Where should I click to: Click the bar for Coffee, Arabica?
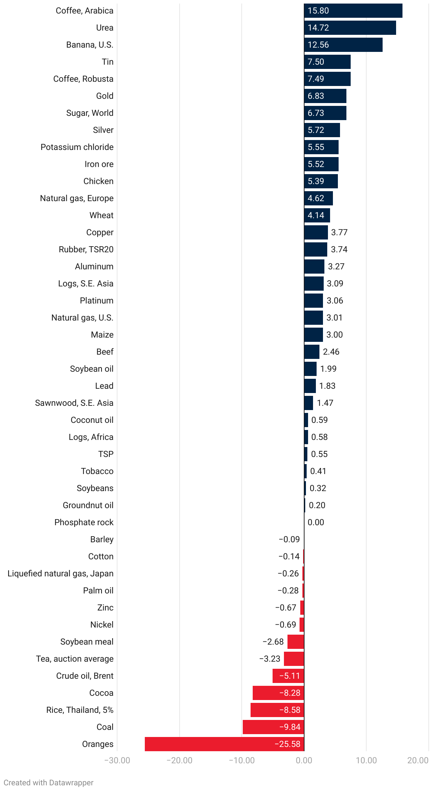[x=353, y=11]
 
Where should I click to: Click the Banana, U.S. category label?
[x=90, y=45]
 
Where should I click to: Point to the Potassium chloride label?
[x=77, y=147]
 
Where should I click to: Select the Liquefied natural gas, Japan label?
[x=60, y=574]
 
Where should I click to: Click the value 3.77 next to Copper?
[x=339, y=232]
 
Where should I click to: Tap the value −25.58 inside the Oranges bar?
[x=287, y=744]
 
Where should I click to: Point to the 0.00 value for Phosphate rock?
[x=316, y=522]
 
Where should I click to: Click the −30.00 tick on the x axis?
[x=117, y=760]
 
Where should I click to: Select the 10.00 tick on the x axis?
[x=366, y=760]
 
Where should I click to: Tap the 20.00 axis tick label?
[x=418, y=760]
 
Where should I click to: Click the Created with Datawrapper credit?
[x=49, y=783]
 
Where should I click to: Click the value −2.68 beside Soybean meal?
[x=273, y=642]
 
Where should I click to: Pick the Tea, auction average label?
[x=75, y=659]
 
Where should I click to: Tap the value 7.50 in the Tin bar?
[x=316, y=62]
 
